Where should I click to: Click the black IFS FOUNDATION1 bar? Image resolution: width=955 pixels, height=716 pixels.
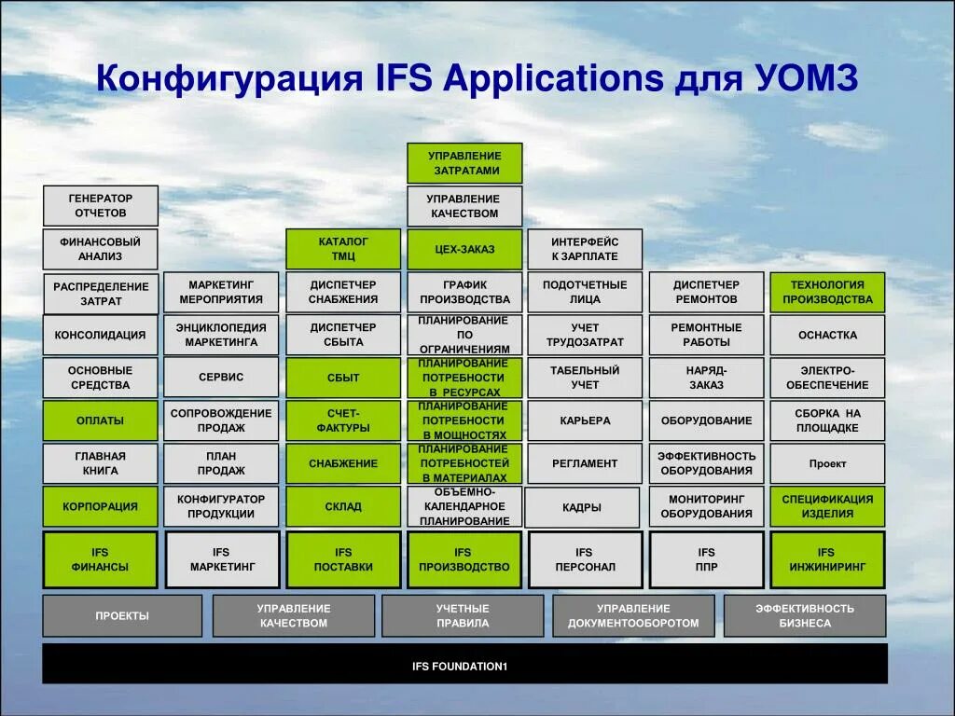click(464, 666)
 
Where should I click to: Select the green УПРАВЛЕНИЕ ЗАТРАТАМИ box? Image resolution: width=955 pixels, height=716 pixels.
click(464, 163)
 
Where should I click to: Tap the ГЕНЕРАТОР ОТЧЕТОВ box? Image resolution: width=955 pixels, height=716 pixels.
click(101, 206)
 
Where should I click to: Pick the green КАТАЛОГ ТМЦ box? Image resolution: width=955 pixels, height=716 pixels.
click(343, 249)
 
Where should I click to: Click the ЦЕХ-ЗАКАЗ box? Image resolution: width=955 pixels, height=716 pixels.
click(464, 249)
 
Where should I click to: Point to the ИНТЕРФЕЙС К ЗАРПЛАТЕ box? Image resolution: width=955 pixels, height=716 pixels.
click(585, 249)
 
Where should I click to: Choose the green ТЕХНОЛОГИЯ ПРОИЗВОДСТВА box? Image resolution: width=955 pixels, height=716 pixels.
click(827, 292)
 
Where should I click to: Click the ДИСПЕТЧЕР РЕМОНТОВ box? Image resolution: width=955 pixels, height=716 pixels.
click(706, 292)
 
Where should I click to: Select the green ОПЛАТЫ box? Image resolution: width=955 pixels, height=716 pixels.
click(101, 420)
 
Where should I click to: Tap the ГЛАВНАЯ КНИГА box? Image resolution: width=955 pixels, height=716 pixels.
click(101, 463)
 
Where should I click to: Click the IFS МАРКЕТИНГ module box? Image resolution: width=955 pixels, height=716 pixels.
click(222, 559)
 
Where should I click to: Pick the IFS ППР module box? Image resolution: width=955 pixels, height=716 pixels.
click(706, 559)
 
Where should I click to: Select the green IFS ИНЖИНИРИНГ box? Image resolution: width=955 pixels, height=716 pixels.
click(827, 559)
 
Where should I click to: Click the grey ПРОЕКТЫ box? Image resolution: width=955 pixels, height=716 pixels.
click(122, 616)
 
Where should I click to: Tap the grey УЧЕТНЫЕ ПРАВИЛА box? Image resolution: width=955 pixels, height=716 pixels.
click(463, 616)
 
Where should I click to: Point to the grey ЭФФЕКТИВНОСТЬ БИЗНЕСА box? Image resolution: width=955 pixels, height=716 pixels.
click(805, 616)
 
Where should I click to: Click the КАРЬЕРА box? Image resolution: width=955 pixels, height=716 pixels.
click(585, 420)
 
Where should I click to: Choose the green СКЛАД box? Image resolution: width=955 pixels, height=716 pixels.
click(343, 506)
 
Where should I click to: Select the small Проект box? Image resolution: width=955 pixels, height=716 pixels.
click(827, 463)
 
